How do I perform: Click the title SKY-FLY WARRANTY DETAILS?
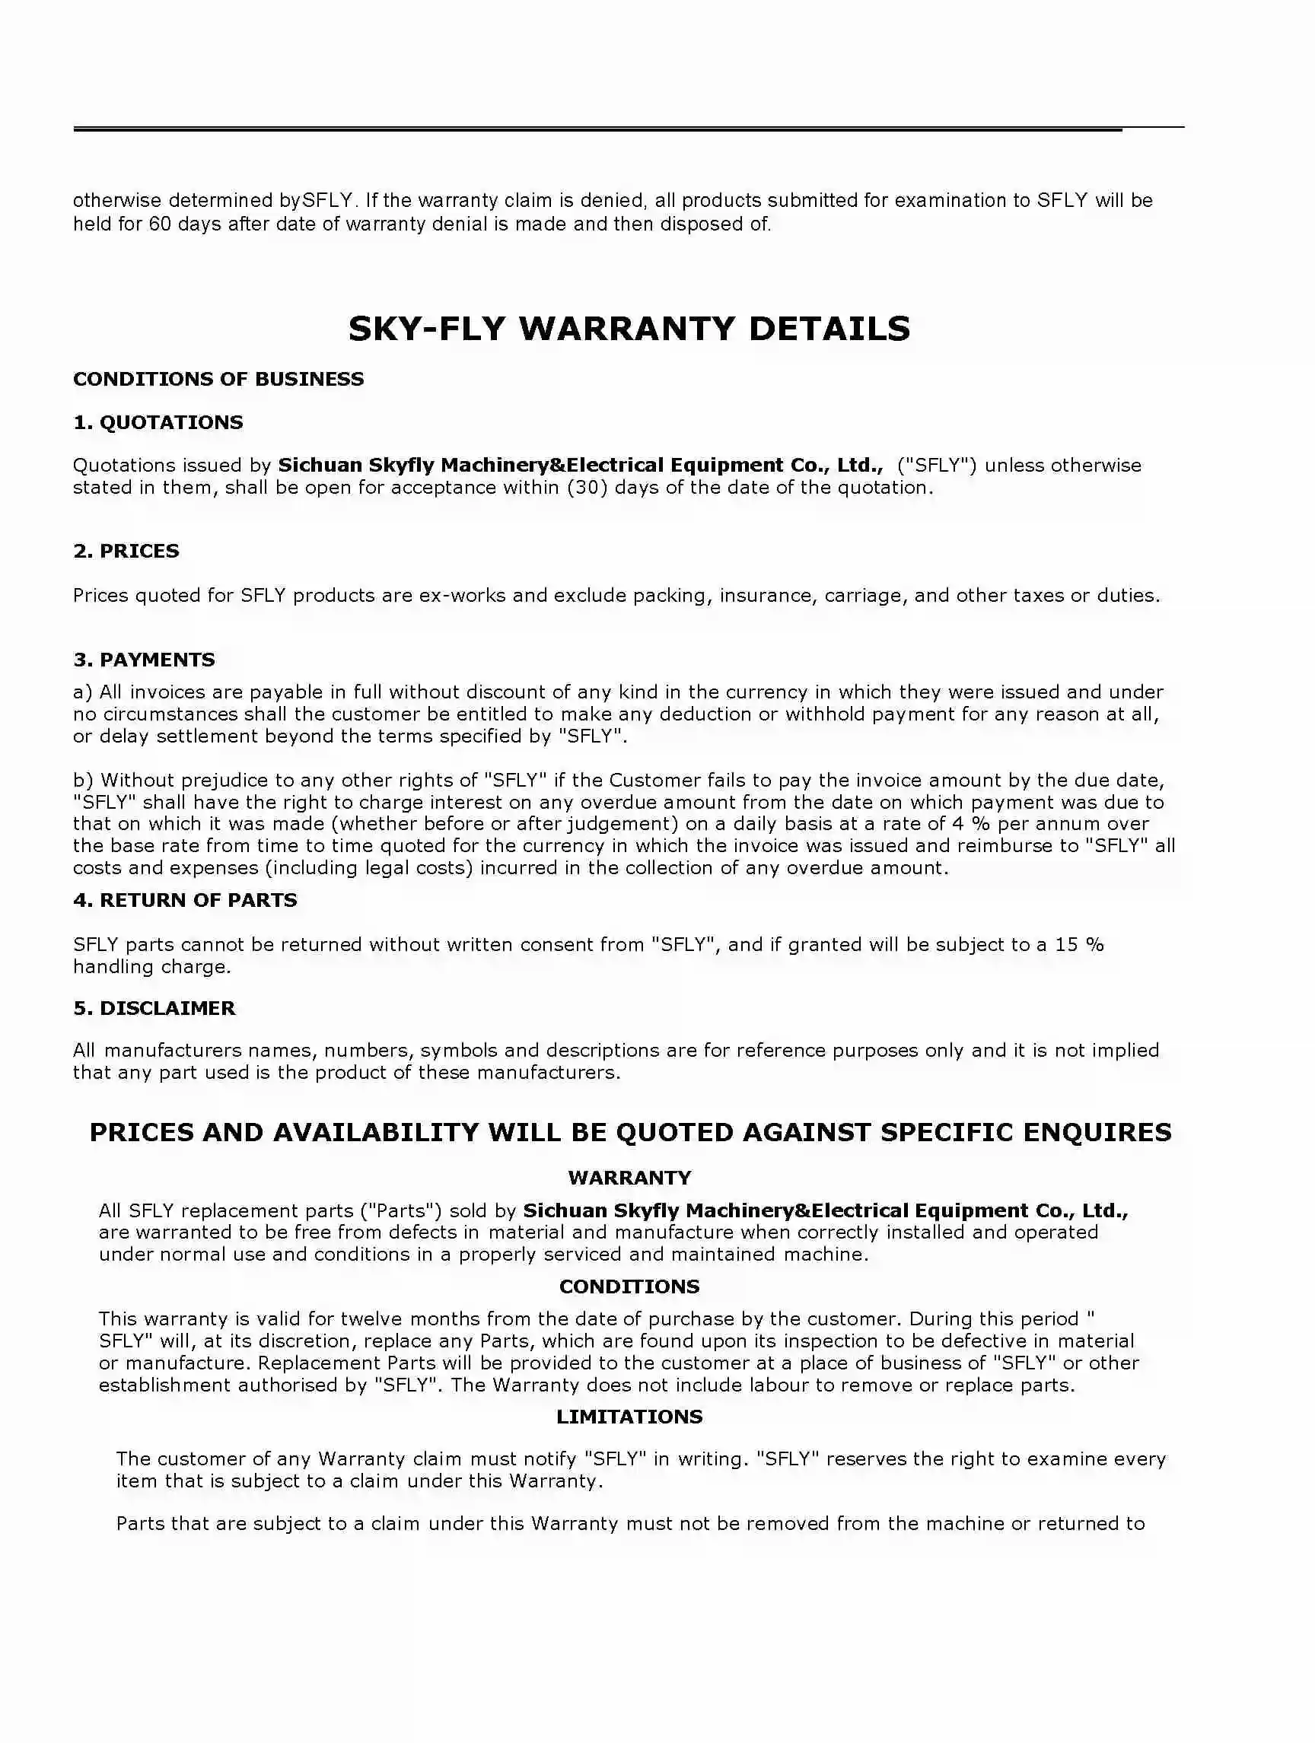coord(629,329)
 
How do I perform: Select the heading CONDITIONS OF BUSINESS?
coord(218,379)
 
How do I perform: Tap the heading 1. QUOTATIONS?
coord(158,422)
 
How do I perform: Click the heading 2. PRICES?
coord(126,551)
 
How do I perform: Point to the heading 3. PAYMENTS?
coord(144,660)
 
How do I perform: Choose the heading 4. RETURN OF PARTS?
coord(185,900)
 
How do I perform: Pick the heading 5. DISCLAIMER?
coord(154,1008)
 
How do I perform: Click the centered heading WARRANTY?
coord(629,1177)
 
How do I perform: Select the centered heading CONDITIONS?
coord(629,1286)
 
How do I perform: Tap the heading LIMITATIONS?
coord(629,1416)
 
